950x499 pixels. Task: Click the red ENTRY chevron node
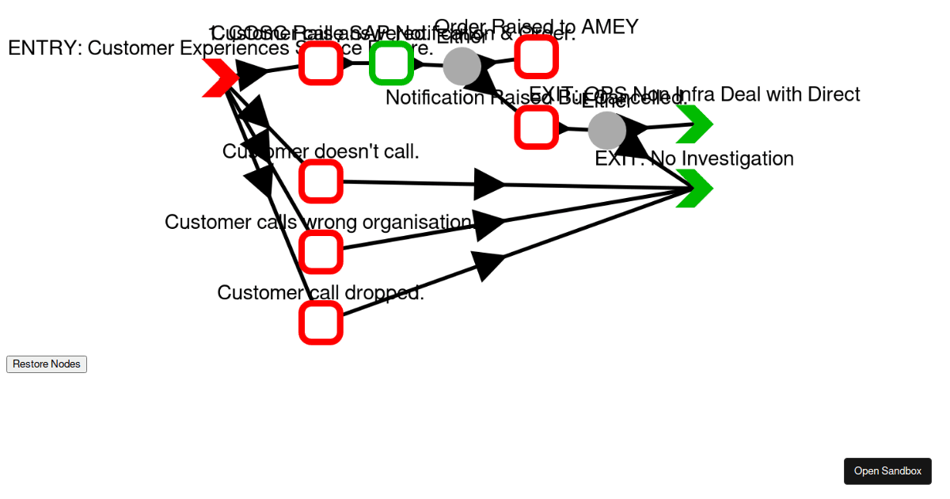219,78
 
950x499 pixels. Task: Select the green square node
391,63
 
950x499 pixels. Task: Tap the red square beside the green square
321,63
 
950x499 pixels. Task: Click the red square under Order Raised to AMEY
536,55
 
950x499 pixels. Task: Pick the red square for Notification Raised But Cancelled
536,127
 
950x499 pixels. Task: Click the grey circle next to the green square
462,66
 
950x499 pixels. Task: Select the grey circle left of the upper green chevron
607,130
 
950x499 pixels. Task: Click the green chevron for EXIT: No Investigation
695,189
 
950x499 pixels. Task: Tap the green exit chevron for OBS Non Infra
695,124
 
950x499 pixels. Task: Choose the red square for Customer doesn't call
321,181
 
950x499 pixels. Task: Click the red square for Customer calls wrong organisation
321,252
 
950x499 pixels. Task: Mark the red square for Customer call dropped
321,322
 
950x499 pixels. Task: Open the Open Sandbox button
887,471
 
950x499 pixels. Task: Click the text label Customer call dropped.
321,293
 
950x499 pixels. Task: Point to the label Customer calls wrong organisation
317,223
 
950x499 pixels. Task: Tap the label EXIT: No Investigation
694,158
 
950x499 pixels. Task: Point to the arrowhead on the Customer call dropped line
488,264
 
